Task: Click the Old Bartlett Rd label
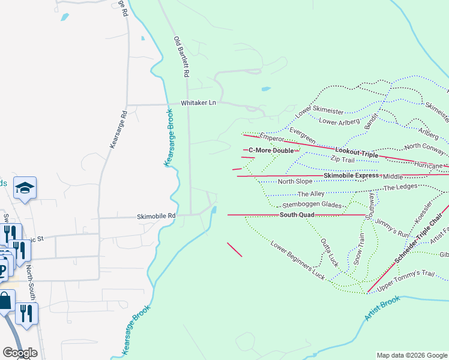(x=181, y=57)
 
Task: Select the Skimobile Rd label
(x=156, y=216)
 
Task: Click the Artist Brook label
(x=382, y=308)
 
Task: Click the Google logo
(x=20, y=353)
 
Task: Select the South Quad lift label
(x=297, y=214)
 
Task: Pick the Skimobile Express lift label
(x=351, y=175)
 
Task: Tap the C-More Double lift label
(x=271, y=150)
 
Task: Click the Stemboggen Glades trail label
(x=312, y=205)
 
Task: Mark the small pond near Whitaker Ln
(x=265, y=89)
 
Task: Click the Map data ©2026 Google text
(x=412, y=355)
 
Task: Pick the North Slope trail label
(x=295, y=181)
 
